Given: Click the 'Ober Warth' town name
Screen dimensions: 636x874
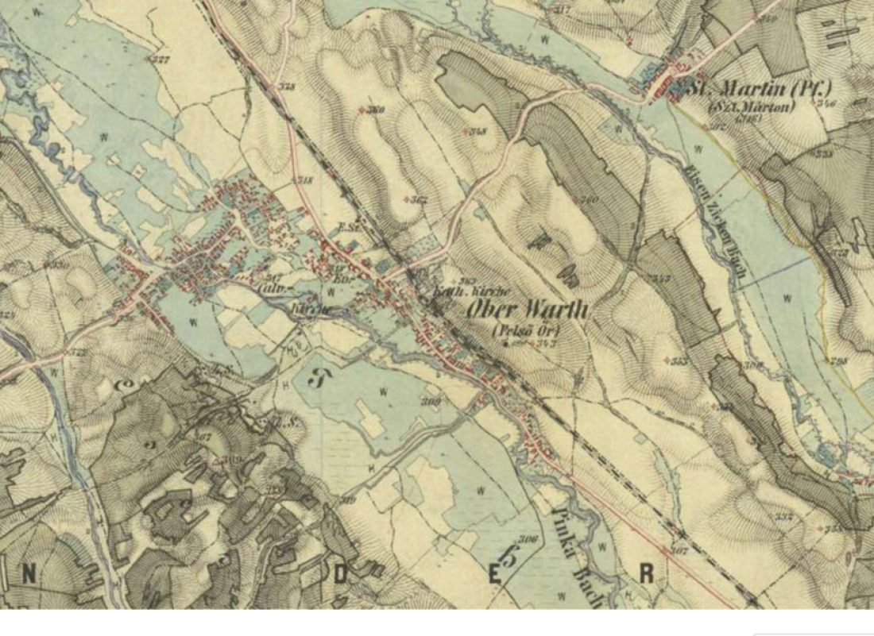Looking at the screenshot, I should (x=528, y=309).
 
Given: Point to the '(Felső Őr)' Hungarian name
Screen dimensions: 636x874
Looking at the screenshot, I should (x=526, y=330).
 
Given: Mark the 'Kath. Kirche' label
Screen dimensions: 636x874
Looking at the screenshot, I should (x=452, y=292).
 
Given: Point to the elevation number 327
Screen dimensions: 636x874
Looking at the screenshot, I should (x=162, y=60).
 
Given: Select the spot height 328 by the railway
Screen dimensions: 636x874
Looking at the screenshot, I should (x=288, y=87).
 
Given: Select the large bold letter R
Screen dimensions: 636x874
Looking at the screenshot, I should (x=647, y=573).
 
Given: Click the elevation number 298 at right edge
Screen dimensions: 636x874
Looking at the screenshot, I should (x=838, y=361).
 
